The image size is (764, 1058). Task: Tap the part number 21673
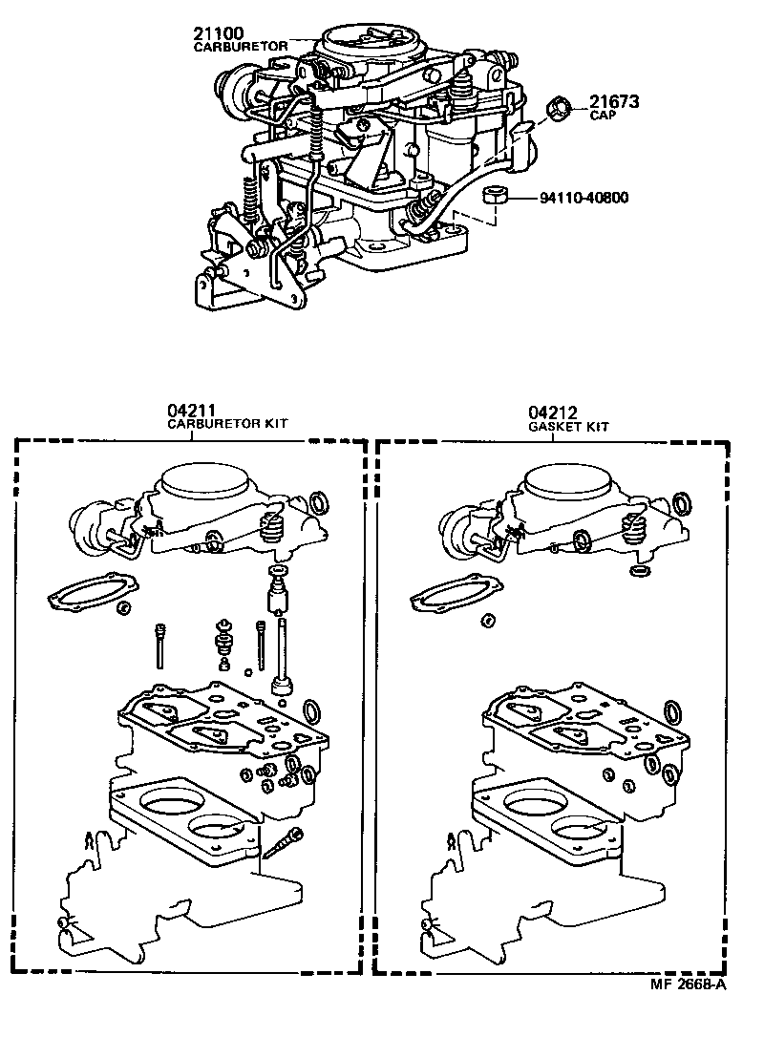coord(613,102)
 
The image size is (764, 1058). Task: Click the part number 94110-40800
coord(584,199)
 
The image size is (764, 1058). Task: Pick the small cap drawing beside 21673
coord(557,109)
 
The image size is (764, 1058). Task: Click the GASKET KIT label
coord(568,427)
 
